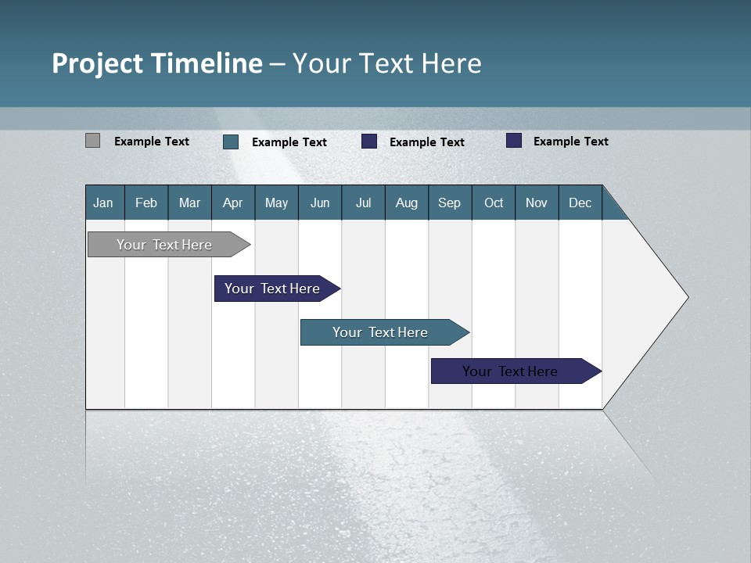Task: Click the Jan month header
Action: (x=103, y=203)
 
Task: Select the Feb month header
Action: (x=146, y=203)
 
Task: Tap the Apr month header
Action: (x=232, y=203)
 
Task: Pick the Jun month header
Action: (x=320, y=203)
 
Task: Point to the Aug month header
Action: (x=406, y=203)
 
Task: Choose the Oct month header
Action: (x=494, y=203)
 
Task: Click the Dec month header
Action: (x=580, y=203)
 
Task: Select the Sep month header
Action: (x=449, y=203)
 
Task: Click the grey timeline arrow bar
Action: (x=164, y=245)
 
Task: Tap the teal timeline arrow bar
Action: (x=380, y=332)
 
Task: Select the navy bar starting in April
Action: (x=272, y=289)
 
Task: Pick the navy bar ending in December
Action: (x=510, y=371)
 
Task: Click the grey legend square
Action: (x=92, y=141)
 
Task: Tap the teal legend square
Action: (x=231, y=142)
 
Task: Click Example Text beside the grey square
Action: (x=152, y=142)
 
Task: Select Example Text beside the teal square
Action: (x=289, y=142)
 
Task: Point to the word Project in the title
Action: (x=97, y=63)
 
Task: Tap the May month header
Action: (x=276, y=203)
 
